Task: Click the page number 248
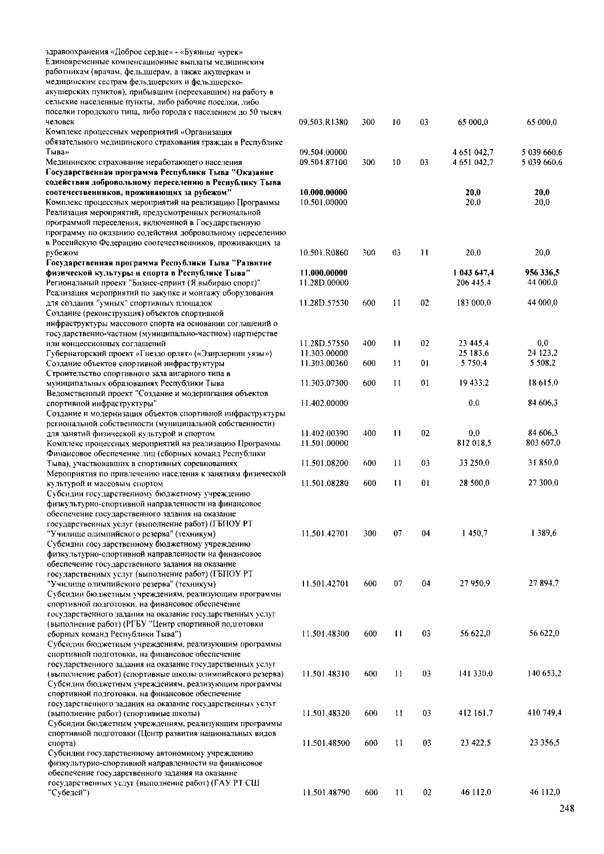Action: click(566, 809)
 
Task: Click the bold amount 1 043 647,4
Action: click(473, 273)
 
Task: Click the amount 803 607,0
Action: click(543, 443)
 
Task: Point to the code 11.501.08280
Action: click(325, 483)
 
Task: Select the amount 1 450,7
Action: click(474, 533)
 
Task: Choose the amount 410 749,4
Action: click(545, 713)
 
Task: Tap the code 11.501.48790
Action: click(326, 792)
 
